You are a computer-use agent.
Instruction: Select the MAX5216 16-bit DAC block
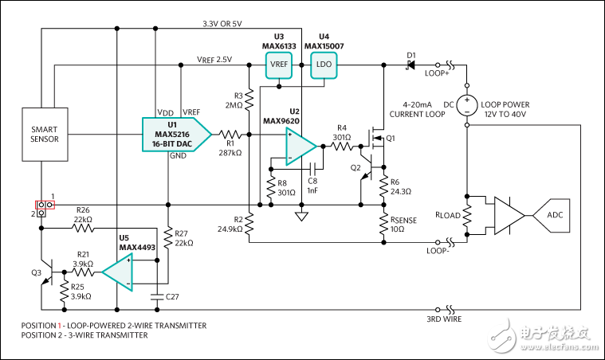(175, 134)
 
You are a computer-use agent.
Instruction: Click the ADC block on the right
(552, 216)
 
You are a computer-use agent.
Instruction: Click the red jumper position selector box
(44, 208)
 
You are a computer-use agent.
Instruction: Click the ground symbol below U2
(302, 216)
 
